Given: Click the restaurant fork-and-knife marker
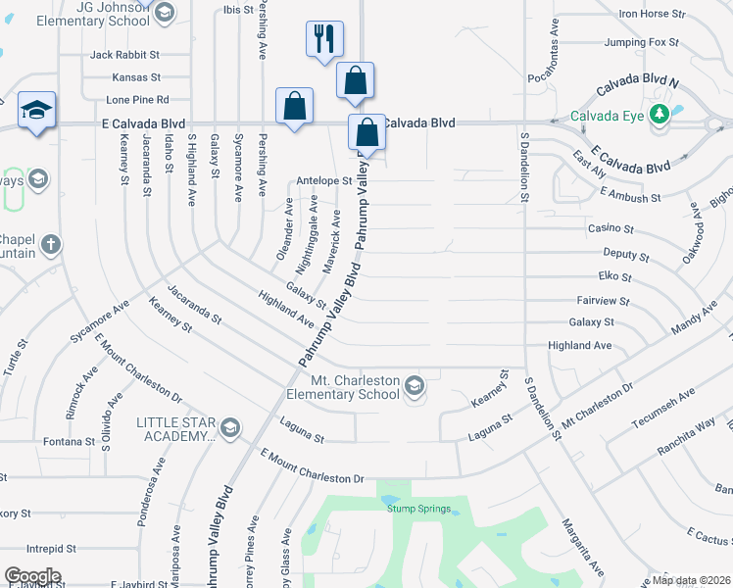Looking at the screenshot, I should pyautogui.click(x=325, y=39).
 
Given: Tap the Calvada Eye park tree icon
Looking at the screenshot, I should pyautogui.click(x=660, y=115).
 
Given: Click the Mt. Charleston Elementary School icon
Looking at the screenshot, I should pyautogui.click(x=415, y=387).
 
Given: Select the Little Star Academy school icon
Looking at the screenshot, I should pyautogui.click(x=230, y=427).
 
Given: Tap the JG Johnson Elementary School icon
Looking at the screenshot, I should pyautogui.click(x=164, y=13).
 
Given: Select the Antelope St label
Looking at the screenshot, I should pyautogui.click(x=323, y=180).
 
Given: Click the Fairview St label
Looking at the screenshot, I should pyautogui.click(x=604, y=301).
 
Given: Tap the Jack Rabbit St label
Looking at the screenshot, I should pyautogui.click(x=124, y=55).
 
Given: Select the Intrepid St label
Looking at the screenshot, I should pyautogui.click(x=52, y=548).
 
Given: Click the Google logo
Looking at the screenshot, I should pyautogui.click(x=32, y=576).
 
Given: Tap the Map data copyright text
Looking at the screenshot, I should pyautogui.click(x=692, y=580).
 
